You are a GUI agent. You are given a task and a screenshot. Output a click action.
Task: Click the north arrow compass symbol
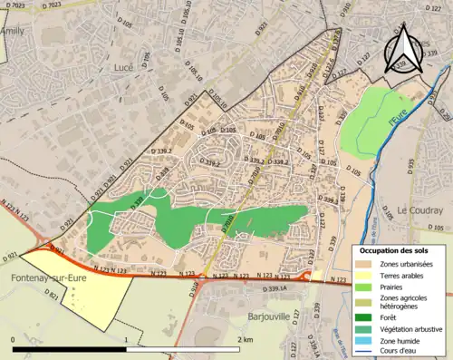tap(404, 46)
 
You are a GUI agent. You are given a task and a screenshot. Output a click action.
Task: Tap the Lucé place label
tap(124, 67)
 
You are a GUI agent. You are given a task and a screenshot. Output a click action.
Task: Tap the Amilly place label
tap(14, 31)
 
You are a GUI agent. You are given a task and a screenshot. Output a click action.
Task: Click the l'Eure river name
tap(395, 118)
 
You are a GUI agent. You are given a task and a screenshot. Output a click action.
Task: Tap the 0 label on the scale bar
tap(14, 338)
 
